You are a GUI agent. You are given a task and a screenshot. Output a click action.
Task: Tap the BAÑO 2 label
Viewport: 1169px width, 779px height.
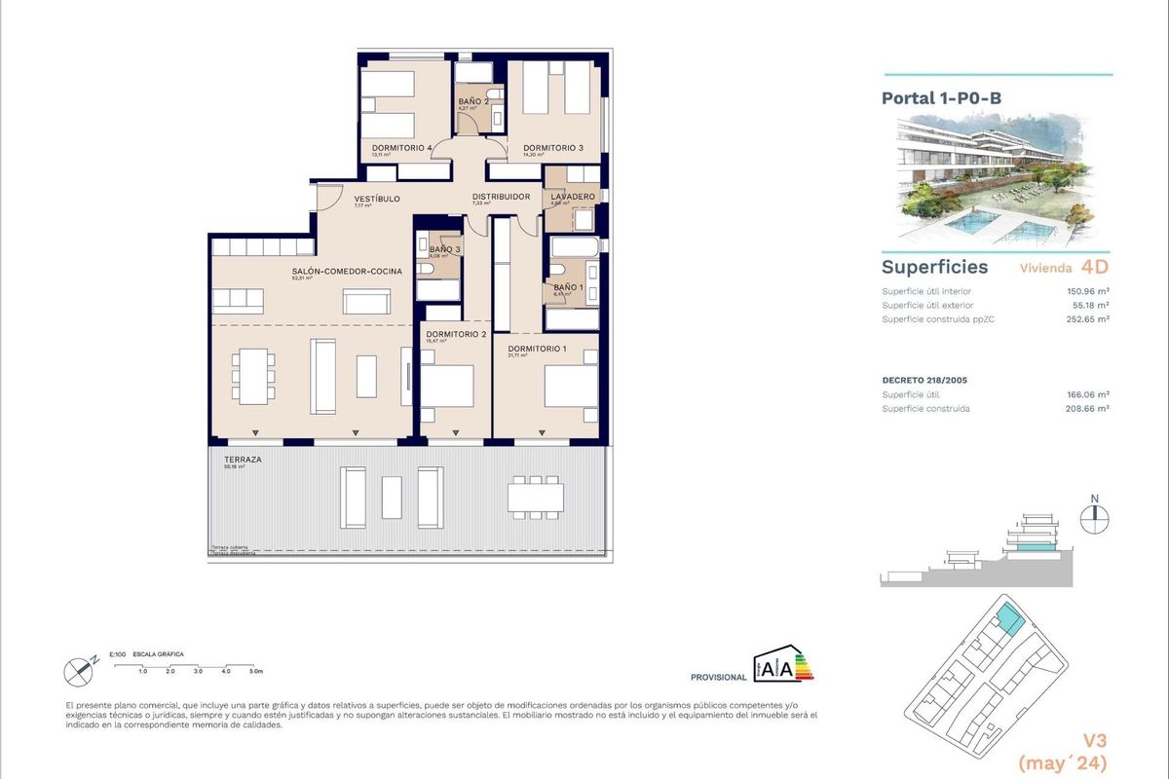(473, 102)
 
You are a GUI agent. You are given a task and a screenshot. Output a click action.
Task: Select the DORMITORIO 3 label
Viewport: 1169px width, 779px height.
(552, 148)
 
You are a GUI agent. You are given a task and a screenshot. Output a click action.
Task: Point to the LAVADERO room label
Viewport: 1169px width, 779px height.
(572, 197)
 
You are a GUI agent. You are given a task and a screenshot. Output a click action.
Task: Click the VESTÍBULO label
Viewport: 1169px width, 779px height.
(377, 199)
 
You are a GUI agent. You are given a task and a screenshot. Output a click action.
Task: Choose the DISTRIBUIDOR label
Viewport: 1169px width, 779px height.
(501, 197)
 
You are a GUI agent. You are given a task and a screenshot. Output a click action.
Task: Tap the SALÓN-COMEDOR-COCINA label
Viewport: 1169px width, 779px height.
(347, 272)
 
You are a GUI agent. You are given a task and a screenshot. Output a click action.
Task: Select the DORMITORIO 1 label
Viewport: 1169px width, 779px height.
(537, 349)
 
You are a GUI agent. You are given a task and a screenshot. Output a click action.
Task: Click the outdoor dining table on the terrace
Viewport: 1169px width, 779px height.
(535, 498)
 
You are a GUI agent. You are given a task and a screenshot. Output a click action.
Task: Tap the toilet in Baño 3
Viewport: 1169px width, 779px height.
(431, 270)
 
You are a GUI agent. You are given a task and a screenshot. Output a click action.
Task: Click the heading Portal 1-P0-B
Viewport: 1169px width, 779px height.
(927, 98)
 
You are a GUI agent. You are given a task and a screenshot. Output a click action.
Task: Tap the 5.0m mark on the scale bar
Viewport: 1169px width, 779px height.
(256, 672)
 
